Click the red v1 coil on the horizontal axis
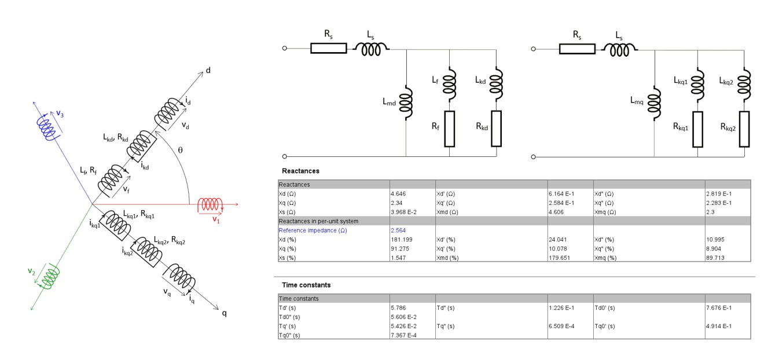pyautogui.click(x=210, y=204)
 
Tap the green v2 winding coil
pyautogui.click(x=49, y=276)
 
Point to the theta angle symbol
pyautogui.click(x=180, y=150)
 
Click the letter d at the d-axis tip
pyautogui.click(x=208, y=70)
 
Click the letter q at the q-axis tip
pyautogui.click(x=224, y=313)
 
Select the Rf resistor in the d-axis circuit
pyautogui.click(x=450, y=128)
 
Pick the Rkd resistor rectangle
pyautogui.click(x=496, y=128)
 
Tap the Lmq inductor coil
pyautogui.click(x=654, y=104)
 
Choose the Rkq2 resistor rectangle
pyautogui.click(x=744, y=129)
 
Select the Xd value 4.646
pyautogui.click(x=398, y=194)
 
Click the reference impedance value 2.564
pyautogui.click(x=398, y=230)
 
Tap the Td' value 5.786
pyautogui.click(x=398, y=308)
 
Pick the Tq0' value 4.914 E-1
pyautogui.click(x=719, y=326)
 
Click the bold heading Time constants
pyautogui.click(x=306, y=285)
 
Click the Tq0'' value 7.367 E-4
pyautogui.click(x=403, y=335)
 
